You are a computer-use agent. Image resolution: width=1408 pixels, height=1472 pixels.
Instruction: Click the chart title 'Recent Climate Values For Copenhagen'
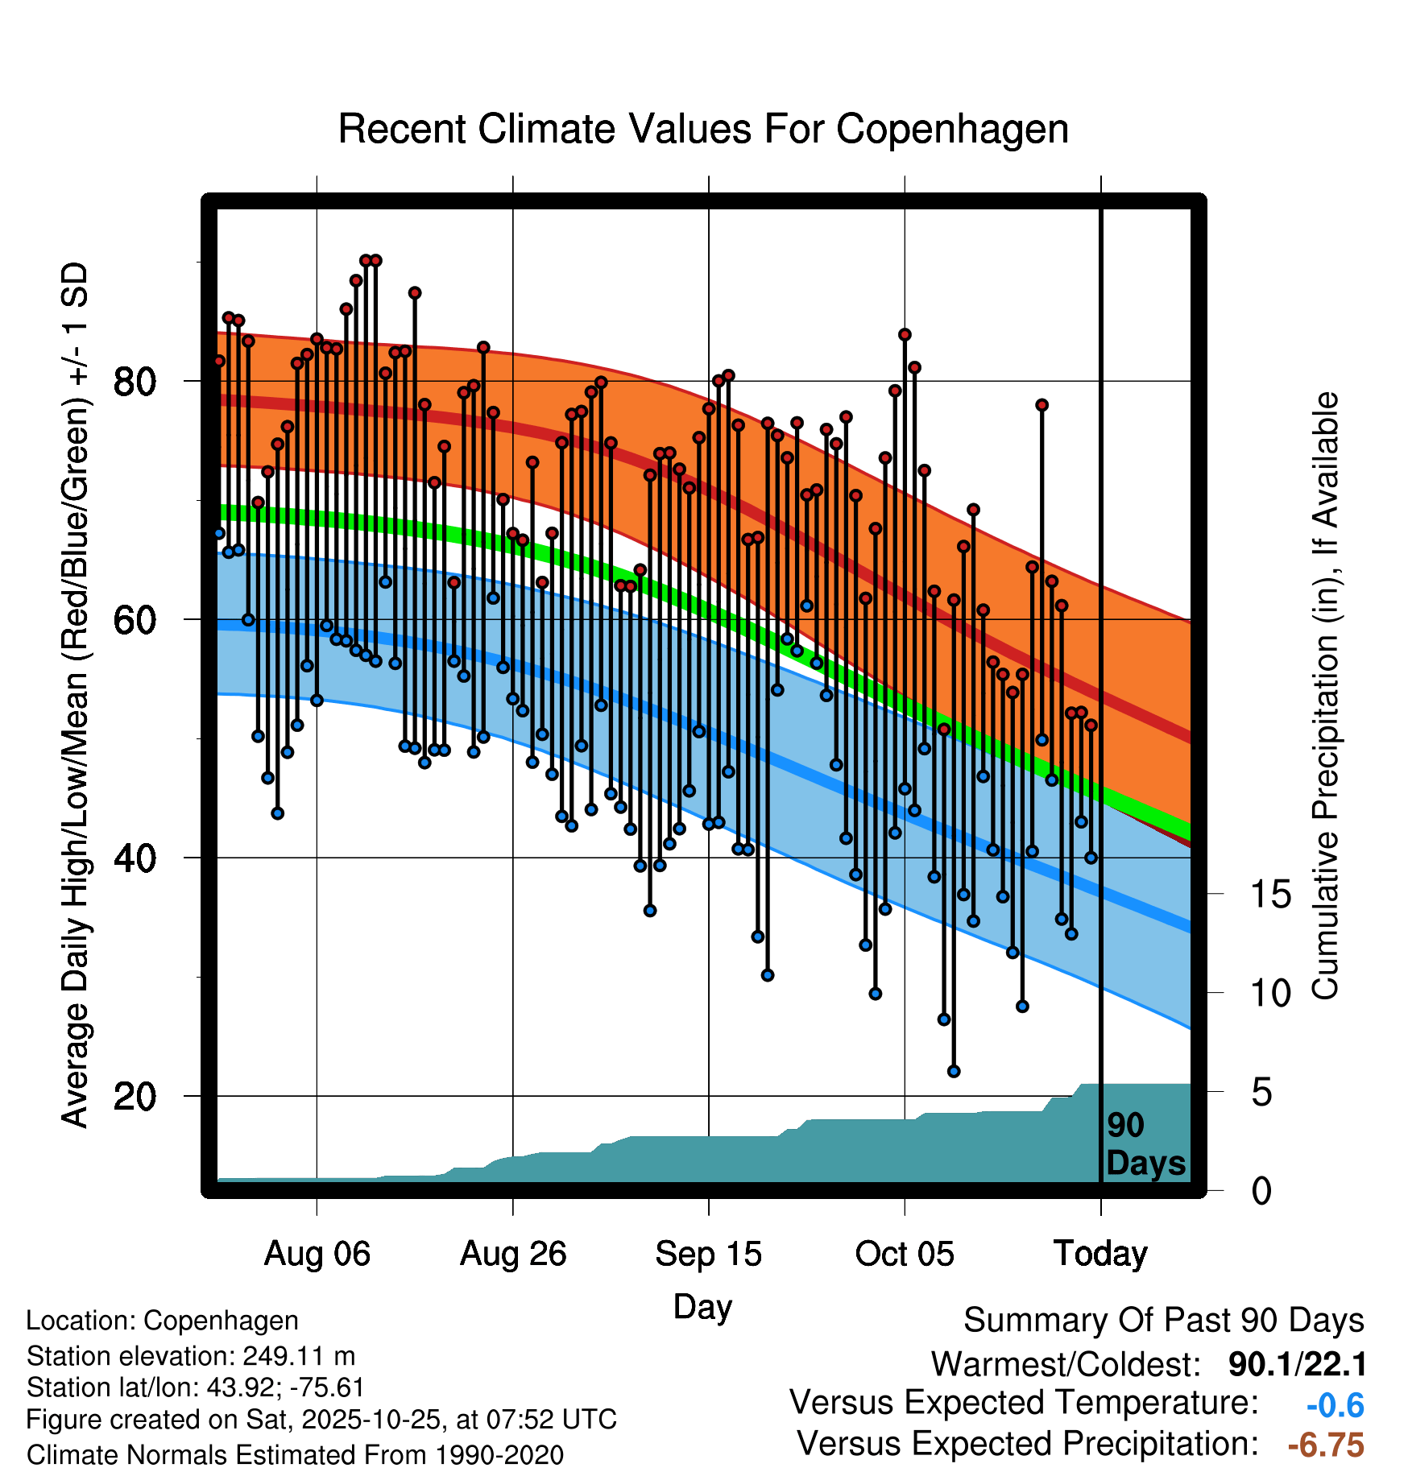click(x=703, y=129)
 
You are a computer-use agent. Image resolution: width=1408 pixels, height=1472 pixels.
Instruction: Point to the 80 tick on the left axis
click(x=135, y=381)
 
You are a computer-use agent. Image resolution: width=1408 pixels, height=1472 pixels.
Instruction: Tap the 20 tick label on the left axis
click(x=135, y=1096)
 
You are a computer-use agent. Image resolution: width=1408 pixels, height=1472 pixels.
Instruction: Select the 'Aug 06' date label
click(x=317, y=1254)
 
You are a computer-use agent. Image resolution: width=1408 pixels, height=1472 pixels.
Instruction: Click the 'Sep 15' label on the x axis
click(x=708, y=1254)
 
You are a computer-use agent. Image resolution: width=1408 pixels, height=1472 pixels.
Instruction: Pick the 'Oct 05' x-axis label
click(x=905, y=1254)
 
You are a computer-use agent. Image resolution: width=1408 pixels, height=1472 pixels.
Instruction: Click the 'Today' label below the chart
click(x=1100, y=1254)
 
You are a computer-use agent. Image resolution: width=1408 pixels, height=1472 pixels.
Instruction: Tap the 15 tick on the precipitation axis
click(x=1270, y=895)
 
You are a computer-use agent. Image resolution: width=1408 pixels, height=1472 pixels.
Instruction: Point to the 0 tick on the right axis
click(x=1261, y=1191)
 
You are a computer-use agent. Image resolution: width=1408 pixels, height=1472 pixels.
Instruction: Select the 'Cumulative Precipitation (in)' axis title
click(x=1325, y=696)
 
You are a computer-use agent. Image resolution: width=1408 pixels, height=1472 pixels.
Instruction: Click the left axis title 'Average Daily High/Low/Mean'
click(x=75, y=696)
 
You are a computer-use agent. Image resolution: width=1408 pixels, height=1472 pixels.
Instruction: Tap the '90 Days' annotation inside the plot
click(x=1145, y=1144)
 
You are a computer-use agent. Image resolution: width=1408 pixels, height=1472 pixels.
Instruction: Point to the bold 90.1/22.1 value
click(x=1297, y=1365)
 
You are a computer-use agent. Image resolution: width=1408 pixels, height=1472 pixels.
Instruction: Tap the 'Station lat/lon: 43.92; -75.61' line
click(x=195, y=1387)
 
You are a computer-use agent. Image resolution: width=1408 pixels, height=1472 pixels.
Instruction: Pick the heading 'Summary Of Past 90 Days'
click(x=1163, y=1321)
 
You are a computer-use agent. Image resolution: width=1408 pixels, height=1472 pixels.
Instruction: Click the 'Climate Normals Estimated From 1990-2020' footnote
click(x=295, y=1455)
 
